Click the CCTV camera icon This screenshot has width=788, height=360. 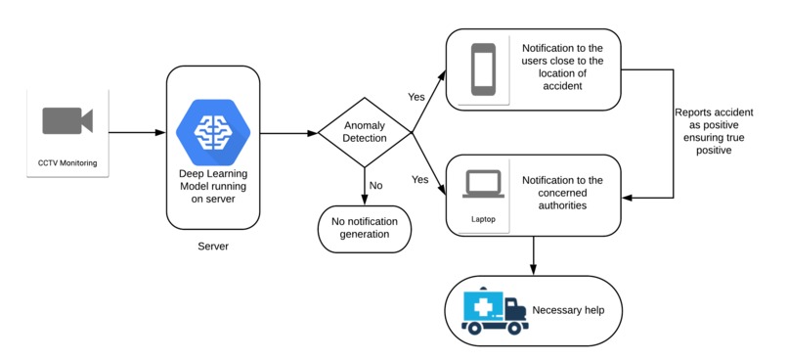tap(67, 121)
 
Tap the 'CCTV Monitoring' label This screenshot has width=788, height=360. tap(67, 161)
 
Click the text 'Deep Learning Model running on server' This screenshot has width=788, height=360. tap(213, 187)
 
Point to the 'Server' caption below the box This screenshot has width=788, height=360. tap(213, 246)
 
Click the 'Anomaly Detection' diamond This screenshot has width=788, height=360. tap(365, 132)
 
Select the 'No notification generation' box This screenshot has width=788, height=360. tap(365, 230)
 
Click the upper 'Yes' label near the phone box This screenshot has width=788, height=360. tap(416, 97)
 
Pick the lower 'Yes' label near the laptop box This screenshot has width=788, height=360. tap(421, 180)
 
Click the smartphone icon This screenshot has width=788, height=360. tap(484, 69)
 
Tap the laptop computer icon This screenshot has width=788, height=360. tap(484, 185)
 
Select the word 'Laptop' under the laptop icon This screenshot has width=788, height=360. tap(484, 219)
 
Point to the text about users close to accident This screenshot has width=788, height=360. tap(563, 68)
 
